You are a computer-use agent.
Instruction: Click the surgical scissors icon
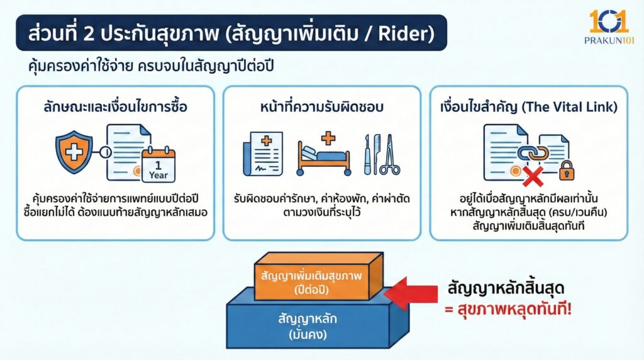pos(389,155)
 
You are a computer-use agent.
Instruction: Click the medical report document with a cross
pos(262,154)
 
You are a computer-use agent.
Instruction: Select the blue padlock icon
pos(566,169)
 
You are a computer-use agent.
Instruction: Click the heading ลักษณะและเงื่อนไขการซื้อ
pos(115,107)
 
